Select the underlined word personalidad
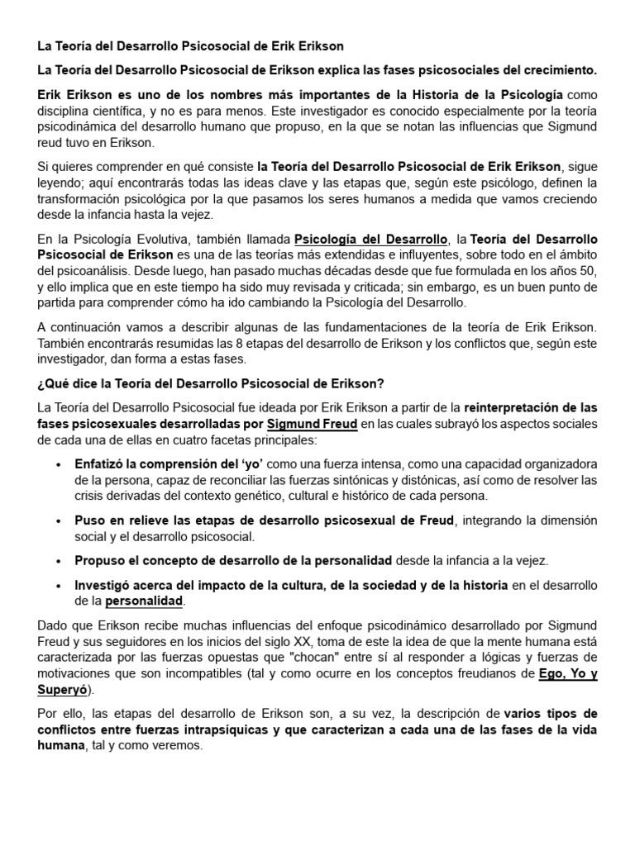click(145, 601)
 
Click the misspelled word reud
click(51, 143)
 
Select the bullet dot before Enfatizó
click(58, 465)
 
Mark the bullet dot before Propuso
click(58, 560)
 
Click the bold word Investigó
click(105, 585)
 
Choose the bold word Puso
click(89, 520)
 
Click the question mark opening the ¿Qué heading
click(41, 384)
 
